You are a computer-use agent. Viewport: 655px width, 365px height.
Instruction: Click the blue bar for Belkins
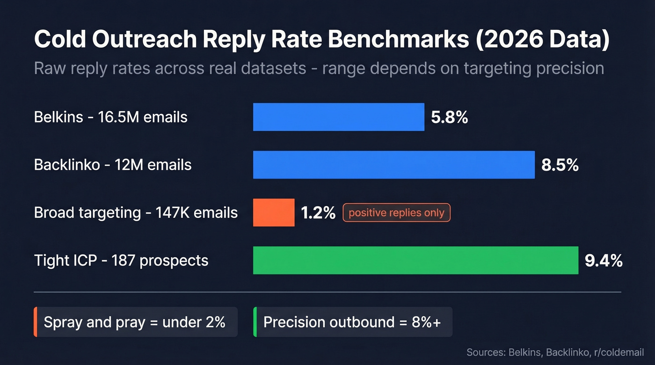(338, 117)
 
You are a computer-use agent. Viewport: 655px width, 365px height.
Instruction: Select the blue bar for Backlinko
(393, 165)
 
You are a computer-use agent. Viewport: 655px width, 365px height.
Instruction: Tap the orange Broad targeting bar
(274, 213)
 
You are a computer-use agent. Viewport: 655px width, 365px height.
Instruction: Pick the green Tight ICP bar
(415, 260)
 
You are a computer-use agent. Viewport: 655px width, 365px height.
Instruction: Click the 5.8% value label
(449, 117)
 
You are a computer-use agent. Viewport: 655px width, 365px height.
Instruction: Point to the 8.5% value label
(560, 165)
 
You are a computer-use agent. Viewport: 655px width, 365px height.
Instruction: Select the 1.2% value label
(318, 213)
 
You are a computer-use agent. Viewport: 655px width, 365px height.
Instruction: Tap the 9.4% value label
(603, 261)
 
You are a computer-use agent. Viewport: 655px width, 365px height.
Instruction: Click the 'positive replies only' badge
(396, 213)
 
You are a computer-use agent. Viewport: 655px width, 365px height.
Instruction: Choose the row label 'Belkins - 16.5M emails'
(110, 117)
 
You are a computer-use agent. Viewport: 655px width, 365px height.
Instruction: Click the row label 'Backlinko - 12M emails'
(112, 165)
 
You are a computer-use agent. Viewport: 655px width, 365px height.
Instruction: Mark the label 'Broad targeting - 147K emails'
(136, 213)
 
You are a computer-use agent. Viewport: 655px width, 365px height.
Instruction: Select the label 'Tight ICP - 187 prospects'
(121, 260)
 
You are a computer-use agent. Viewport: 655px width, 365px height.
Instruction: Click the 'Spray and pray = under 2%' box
(135, 322)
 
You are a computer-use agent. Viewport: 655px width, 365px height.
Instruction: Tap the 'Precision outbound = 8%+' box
(352, 322)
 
